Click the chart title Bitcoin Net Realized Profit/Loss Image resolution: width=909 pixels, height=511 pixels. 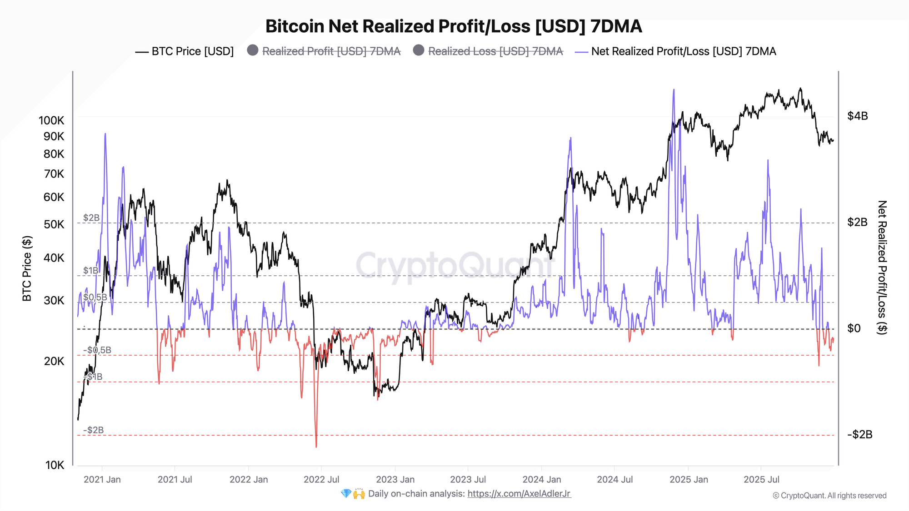click(x=453, y=26)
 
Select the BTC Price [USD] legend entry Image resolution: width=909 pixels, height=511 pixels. click(x=185, y=51)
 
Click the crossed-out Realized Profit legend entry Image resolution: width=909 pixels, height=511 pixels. click(x=324, y=51)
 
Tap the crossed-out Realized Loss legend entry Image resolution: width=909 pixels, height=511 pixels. click(x=488, y=51)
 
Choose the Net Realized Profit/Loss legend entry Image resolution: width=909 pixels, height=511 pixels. click(x=676, y=51)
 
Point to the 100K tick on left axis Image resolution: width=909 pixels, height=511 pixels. click(x=51, y=120)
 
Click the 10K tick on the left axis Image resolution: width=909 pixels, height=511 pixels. click(x=55, y=465)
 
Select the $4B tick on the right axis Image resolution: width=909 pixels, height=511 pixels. click(x=858, y=116)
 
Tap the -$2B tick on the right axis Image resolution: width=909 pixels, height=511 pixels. click(x=859, y=435)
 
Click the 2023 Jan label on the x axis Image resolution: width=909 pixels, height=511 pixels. click(x=395, y=479)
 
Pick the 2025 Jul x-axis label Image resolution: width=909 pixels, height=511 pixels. click(x=761, y=479)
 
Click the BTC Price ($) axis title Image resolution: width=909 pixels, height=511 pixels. click(x=27, y=268)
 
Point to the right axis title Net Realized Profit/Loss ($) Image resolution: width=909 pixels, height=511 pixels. click(x=882, y=268)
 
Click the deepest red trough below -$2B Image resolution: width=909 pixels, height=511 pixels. click(x=316, y=446)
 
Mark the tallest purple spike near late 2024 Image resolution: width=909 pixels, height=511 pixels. click(x=674, y=90)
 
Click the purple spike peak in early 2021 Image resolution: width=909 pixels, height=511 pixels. click(x=105, y=134)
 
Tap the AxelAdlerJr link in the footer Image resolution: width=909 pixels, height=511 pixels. click(x=519, y=494)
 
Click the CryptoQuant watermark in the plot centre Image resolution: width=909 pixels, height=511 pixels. click(x=454, y=265)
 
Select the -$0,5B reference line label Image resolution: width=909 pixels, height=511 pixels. click(x=97, y=350)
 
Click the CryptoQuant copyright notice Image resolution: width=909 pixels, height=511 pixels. click(x=829, y=496)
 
